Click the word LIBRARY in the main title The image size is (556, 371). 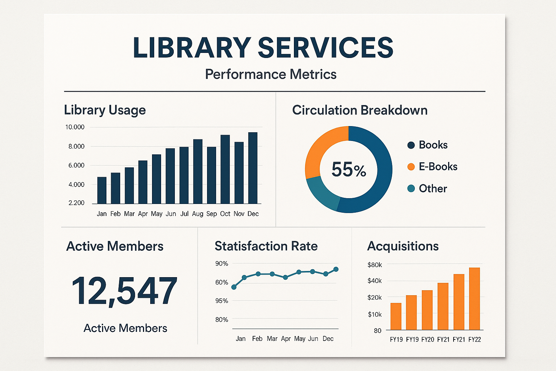coord(192,48)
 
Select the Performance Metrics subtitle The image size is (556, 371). coord(271,74)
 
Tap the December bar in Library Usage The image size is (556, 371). coord(253,168)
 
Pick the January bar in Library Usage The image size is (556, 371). coord(102,190)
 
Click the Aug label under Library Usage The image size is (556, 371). coord(198,214)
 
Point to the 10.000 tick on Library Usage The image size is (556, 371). coord(75,127)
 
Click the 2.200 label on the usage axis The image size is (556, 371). coord(76,203)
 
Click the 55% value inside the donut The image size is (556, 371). coord(349,170)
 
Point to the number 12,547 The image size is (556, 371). coord(125,291)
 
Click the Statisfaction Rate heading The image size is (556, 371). coord(266,246)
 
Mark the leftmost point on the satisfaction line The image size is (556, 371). coord(234,287)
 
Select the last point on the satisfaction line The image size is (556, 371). coord(336,269)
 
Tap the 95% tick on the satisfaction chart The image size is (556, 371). coord(222,301)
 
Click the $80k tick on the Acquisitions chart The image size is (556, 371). coord(375,265)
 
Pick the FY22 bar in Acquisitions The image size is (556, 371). coord(474,299)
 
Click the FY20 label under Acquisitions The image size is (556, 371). coord(427,339)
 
